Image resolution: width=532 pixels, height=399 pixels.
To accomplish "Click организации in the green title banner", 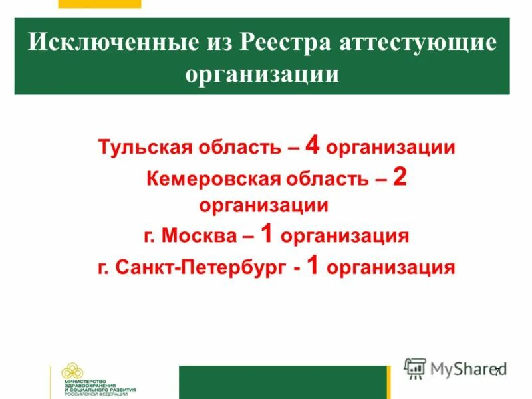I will pyautogui.click(x=262, y=74).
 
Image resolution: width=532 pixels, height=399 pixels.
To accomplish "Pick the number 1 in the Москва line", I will pyautogui.click(x=267, y=234).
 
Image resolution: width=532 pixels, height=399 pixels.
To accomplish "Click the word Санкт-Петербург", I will pyautogui.click(x=199, y=268).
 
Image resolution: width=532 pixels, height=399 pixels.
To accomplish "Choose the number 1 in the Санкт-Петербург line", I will pyautogui.click(x=315, y=266).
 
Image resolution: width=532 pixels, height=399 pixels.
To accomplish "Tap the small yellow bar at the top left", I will pyautogui.click(x=100, y=3).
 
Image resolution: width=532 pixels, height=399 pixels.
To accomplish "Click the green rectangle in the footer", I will pyautogui.click(x=283, y=382).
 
